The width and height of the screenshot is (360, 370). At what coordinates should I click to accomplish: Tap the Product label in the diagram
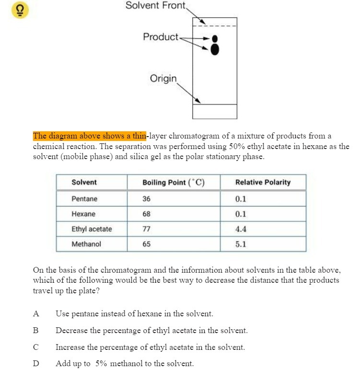click(x=160, y=37)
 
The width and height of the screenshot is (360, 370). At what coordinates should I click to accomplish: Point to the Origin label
click(x=163, y=78)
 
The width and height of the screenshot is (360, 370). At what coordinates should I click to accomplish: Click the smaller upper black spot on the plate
click(x=215, y=38)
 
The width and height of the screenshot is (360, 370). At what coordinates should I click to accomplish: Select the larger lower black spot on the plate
click(x=215, y=48)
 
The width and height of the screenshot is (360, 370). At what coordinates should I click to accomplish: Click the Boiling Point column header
click(x=173, y=182)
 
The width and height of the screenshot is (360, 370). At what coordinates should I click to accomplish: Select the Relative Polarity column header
click(x=263, y=182)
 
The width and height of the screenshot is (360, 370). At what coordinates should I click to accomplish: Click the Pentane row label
click(x=84, y=199)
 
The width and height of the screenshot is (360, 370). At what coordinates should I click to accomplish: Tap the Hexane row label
click(x=83, y=214)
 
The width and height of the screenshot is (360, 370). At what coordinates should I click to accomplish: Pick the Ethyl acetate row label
click(x=92, y=229)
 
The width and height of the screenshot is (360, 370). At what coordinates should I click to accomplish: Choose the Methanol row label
click(x=86, y=244)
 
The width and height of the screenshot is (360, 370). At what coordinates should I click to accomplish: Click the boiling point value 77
click(x=146, y=229)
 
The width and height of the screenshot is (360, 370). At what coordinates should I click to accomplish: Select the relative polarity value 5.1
click(x=241, y=244)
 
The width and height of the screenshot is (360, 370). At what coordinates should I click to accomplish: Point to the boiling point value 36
click(x=146, y=199)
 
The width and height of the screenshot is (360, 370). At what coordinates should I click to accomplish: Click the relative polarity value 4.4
click(x=241, y=229)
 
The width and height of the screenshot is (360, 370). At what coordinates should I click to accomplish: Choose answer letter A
click(x=35, y=314)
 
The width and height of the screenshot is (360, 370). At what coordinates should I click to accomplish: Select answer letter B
click(x=35, y=331)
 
